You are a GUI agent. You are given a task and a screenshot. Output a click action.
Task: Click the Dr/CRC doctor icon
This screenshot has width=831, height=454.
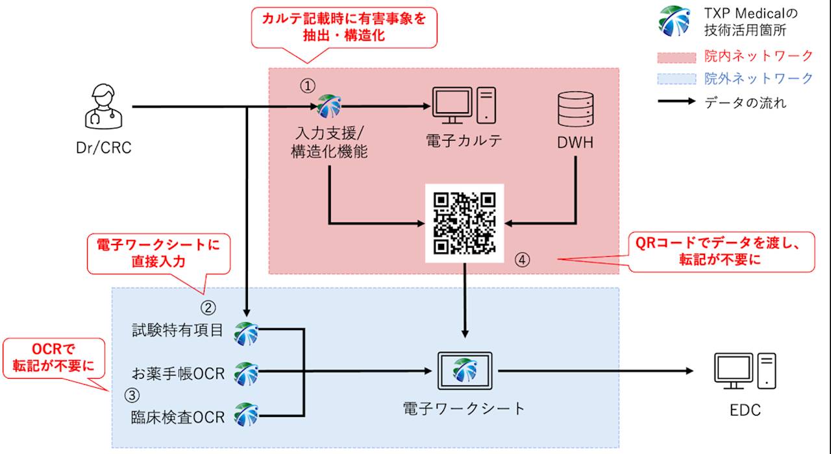[105, 108]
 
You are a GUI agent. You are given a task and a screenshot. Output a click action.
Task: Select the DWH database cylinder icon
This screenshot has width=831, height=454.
[575, 108]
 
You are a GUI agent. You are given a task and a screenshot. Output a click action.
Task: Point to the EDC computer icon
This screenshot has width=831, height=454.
[744, 371]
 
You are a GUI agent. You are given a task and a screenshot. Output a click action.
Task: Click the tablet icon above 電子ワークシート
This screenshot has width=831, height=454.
[464, 370]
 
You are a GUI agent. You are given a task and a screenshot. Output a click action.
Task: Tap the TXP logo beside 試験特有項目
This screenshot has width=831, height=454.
[247, 333]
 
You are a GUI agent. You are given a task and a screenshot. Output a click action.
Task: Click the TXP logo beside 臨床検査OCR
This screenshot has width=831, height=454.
[247, 414]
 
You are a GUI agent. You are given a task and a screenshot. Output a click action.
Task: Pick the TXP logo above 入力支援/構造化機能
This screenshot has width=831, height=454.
[329, 106]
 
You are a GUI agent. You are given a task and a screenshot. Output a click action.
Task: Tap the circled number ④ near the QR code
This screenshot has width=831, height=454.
[523, 259]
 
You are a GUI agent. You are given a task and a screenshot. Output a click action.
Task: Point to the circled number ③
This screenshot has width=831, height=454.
[132, 394]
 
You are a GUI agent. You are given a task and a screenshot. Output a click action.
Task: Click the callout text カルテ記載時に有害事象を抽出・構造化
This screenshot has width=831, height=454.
[343, 27]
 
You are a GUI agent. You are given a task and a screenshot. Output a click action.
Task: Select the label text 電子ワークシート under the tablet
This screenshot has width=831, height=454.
[464, 409]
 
